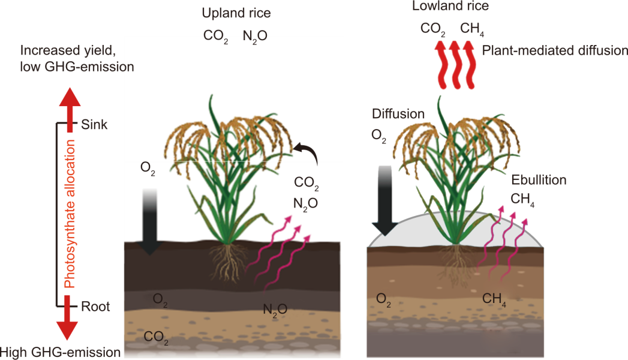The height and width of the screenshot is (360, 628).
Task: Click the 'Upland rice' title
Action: (x=233, y=13)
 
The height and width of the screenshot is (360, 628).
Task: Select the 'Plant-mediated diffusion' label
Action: (x=555, y=51)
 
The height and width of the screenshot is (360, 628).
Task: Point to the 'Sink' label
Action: (x=94, y=125)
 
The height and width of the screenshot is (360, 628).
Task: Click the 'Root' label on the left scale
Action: (x=95, y=307)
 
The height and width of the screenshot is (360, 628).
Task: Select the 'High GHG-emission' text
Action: (x=61, y=352)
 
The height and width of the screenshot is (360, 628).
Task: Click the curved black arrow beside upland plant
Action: (x=308, y=154)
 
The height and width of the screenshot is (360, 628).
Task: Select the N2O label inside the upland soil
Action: (x=275, y=310)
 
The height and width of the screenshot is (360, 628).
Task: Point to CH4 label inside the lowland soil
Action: (x=494, y=299)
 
